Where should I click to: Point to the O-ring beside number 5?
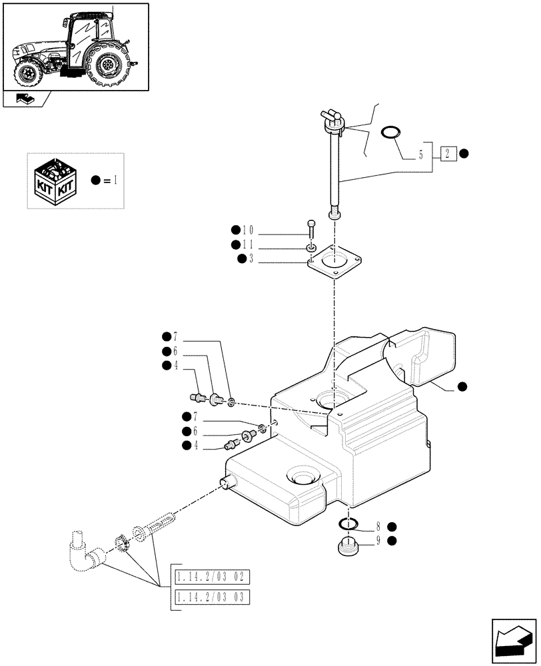coord(391,133)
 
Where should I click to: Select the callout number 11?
coord(252,246)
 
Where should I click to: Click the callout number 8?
coord(378,525)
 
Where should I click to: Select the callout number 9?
coord(378,540)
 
